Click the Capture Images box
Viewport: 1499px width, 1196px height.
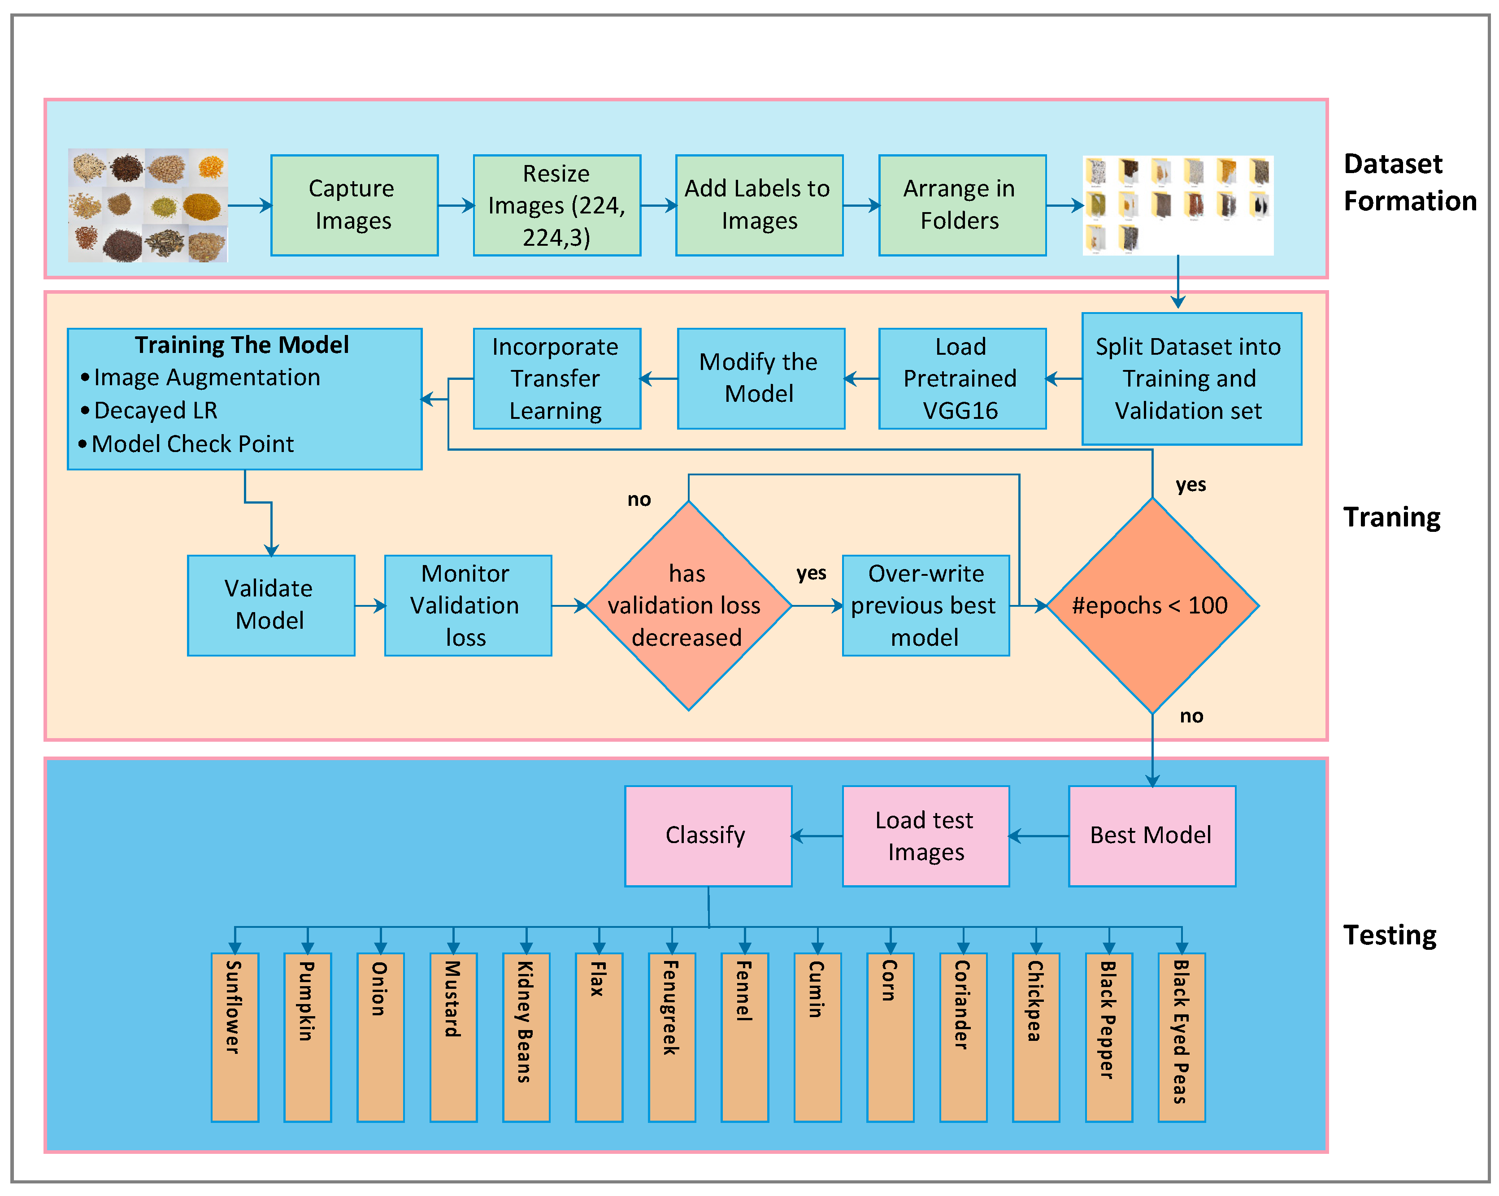click(354, 205)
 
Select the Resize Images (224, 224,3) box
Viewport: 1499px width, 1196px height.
click(556, 205)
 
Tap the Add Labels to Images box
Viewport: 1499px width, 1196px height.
click(759, 205)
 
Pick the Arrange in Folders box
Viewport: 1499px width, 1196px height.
click(961, 205)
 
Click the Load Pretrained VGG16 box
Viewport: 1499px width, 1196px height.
click(961, 378)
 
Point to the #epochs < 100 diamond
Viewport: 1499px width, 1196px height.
click(1151, 605)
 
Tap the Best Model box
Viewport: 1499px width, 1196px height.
click(1151, 835)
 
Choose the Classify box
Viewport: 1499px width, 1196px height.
click(708, 835)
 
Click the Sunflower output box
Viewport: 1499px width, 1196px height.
click(235, 1036)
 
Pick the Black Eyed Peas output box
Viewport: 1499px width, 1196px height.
click(1181, 1036)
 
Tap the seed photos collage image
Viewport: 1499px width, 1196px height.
click(148, 205)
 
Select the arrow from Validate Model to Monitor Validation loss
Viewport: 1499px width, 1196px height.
click(370, 606)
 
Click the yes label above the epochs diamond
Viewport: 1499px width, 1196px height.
click(1191, 485)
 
